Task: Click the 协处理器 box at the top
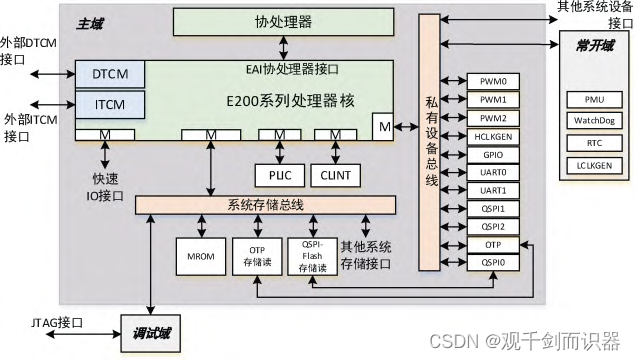point(284,21)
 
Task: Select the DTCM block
point(109,74)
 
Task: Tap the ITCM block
point(109,103)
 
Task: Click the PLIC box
point(279,173)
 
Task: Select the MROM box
point(194,256)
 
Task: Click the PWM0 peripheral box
point(492,81)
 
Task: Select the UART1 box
point(492,189)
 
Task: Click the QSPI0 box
point(492,262)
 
